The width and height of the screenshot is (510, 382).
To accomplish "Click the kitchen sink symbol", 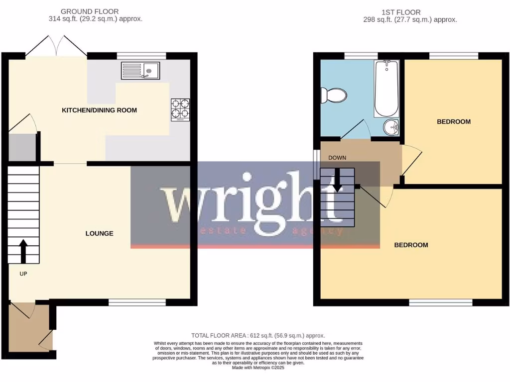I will click(x=140, y=71).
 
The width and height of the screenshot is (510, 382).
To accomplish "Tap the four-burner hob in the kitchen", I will click(x=180, y=110).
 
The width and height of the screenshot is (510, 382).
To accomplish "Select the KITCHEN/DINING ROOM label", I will click(x=99, y=110).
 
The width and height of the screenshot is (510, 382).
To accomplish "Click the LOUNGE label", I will click(x=99, y=233).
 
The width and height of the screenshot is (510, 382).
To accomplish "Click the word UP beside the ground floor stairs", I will click(x=23, y=274).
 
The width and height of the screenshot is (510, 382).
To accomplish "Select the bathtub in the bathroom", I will click(x=386, y=88).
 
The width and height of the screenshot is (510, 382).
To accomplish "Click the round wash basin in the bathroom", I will click(x=391, y=127).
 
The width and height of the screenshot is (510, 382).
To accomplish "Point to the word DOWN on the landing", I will click(x=337, y=158).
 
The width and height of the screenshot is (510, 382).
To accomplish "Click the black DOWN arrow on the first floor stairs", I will click(x=337, y=180).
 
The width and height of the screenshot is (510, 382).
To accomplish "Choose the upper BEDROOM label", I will click(x=453, y=122).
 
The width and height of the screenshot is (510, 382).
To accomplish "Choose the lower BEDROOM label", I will click(x=411, y=245).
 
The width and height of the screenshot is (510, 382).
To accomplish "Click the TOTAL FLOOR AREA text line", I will click(x=258, y=336).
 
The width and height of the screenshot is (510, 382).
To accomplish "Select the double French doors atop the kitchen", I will click(x=56, y=46).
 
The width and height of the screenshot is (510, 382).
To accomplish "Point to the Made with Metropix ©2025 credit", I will click(x=258, y=368).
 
